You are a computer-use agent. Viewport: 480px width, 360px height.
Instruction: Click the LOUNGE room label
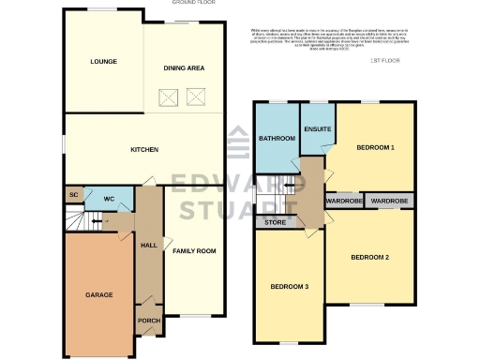click(x=103, y=62)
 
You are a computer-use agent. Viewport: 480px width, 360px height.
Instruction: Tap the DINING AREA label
click(x=184, y=67)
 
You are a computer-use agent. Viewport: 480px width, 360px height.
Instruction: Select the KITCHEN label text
click(x=143, y=150)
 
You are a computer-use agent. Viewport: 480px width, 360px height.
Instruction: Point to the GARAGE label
click(x=99, y=294)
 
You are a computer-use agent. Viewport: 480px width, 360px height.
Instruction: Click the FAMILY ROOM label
click(x=194, y=251)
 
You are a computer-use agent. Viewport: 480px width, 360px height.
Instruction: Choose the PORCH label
click(x=148, y=321)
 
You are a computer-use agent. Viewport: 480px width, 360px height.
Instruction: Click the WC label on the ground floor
click(x=109, y=199)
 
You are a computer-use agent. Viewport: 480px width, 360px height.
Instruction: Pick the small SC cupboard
click(x=73, y=195)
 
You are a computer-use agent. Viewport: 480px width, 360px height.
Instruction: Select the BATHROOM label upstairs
click(x=277, y=139)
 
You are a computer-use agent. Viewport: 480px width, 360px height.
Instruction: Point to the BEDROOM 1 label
click(x=375, y=148)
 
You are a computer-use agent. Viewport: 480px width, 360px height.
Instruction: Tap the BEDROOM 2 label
click(x=369, y=257)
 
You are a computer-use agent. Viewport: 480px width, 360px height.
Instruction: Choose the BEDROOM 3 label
click(x=289, y=286)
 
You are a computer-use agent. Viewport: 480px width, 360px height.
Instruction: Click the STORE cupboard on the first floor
click(x=276, y=222)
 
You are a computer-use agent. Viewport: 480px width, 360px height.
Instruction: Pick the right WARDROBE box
click(x=388, y=201)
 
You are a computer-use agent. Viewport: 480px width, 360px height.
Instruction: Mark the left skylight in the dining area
click(x=170, y=95)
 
